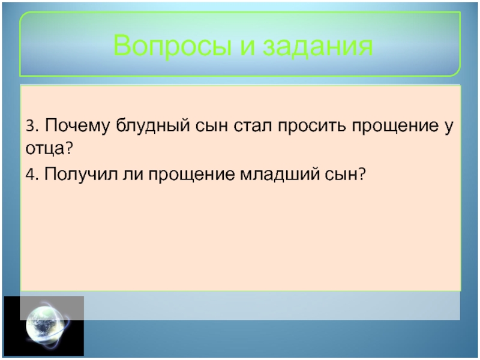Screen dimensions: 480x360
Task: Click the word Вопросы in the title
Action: click(172, 46)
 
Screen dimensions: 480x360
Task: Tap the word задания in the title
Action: click(319, 46)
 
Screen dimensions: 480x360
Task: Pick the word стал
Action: click(253, 126)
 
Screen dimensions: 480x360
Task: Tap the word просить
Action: click(312, 127)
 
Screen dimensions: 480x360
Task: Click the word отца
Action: click(45, 149)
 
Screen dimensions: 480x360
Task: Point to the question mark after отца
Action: click(68, 148)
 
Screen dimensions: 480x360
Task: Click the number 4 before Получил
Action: click(30, 175)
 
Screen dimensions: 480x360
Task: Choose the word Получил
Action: click(81, 175)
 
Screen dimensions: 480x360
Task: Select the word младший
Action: click(280, 174)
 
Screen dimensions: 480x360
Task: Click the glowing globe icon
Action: click(47, 325)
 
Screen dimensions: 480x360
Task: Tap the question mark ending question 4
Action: click(362, 174)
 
